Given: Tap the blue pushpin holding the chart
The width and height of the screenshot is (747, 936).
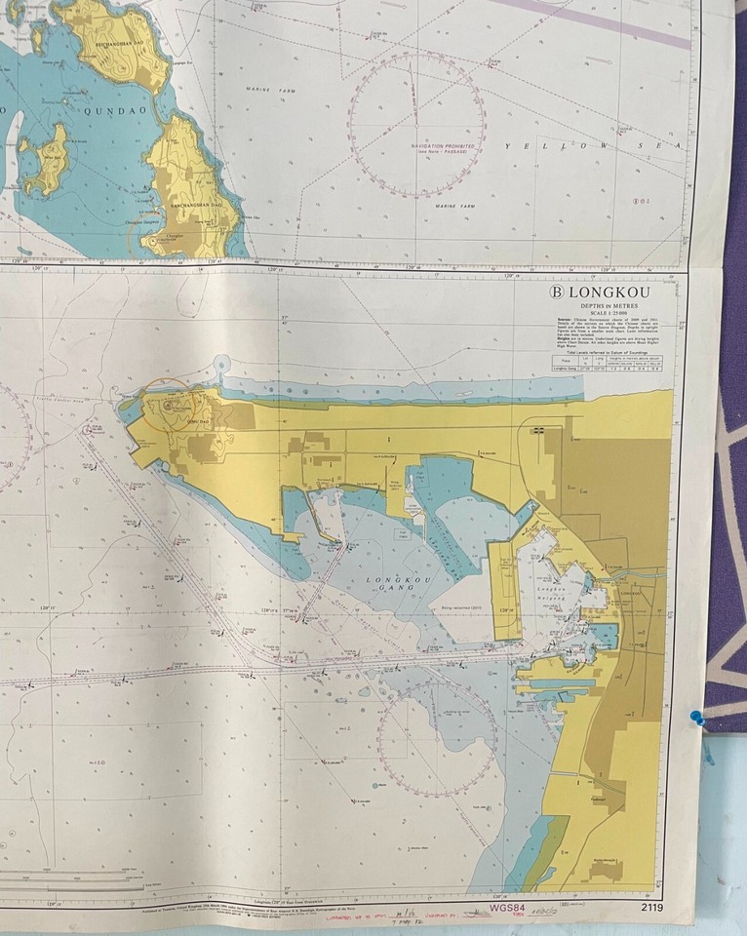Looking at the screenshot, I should pos(696,719).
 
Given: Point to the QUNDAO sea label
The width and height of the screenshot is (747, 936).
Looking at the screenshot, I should pos(93,110).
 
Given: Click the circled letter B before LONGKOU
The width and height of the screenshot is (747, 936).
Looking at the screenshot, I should pos(558,291).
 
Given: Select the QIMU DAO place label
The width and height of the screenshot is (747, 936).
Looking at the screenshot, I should pos(181,423).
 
